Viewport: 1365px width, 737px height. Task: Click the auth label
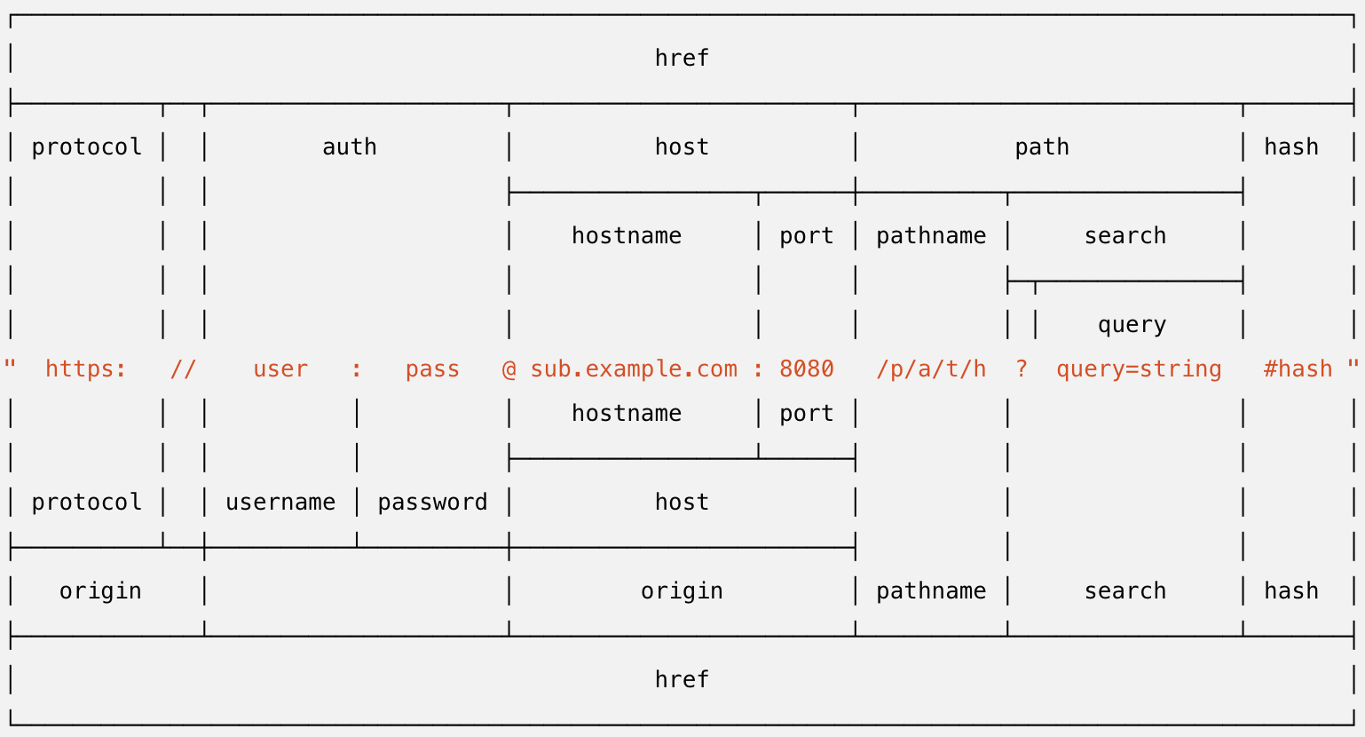click(x=349, y=147)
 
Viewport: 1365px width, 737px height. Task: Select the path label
click(x=1042, y=147)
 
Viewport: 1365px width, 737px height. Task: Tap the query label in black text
click(x=1132, y=325)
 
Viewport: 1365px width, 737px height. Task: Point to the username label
click(x=280, y=503)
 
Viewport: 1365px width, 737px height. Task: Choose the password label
click(x=432, y=503)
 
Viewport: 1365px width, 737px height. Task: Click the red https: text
click(x=86, y=369)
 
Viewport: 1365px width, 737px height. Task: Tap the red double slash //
click(x=183, y=369)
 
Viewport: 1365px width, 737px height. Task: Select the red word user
click(x=280, y=369)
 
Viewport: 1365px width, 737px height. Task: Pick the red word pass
click(x=432, y=369)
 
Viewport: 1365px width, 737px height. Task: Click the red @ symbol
click(x=509, y=369)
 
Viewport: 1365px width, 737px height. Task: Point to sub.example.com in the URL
click(x=634, y=369)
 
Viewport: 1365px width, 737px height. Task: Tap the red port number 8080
click(x=806, y=369)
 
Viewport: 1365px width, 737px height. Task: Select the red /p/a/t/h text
click(x=931, y=369)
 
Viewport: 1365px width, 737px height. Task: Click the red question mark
click(x=1022, y=369)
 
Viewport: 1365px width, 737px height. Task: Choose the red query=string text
click(x=1139, y=369)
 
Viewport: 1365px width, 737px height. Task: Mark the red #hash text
click(x=1298, y=369)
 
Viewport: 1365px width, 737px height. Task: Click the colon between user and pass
click(x=357, y=369)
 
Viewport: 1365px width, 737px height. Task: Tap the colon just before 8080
click(x=758, y=369)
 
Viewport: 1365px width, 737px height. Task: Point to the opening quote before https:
click(x=11, y=366)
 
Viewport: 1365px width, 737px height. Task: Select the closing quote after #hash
click(x=1353, y=366)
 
